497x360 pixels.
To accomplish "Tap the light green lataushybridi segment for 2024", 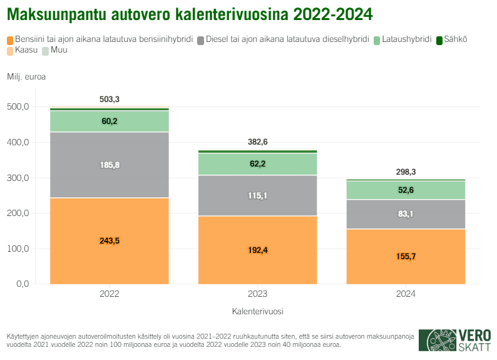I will pos(406,190).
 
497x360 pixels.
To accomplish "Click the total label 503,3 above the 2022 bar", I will pos(110,100).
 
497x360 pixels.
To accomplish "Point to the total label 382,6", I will pos(258,142).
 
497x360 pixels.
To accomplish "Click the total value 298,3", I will pos(406,172).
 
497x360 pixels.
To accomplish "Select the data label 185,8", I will pos(110,165).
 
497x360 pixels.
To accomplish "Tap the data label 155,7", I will pos(406,256).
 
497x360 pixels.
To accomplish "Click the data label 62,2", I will pos(258,164).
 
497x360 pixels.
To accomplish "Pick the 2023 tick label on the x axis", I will pos(258,294).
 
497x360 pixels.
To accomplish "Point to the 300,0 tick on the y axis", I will pos(18,178).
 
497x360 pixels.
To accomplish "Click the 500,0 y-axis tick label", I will pos(18,107).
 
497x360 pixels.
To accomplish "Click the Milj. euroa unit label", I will pos(26,77).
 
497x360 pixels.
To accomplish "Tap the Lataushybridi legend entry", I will pos(406,39).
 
